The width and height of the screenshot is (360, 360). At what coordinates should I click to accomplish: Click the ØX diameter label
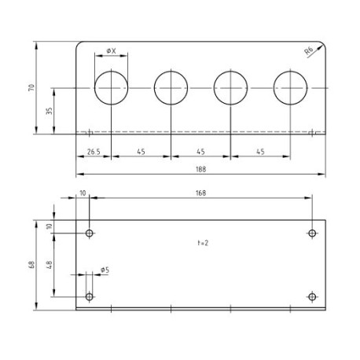point(111,52)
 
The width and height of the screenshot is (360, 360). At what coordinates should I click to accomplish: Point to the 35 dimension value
point(50,111)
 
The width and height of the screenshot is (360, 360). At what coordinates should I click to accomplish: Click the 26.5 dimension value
point(93,152)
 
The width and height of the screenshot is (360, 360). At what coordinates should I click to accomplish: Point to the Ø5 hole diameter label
point(105,270)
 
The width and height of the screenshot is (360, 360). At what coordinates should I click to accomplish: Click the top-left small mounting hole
point(90,233)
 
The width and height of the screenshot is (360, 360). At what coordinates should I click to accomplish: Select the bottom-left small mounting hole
point(90,296)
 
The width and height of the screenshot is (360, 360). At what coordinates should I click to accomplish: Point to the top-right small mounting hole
point(312,233)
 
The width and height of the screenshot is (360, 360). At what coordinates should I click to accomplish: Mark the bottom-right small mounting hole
point(312,296)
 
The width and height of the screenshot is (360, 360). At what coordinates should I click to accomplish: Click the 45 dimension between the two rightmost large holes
point(260,152)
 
